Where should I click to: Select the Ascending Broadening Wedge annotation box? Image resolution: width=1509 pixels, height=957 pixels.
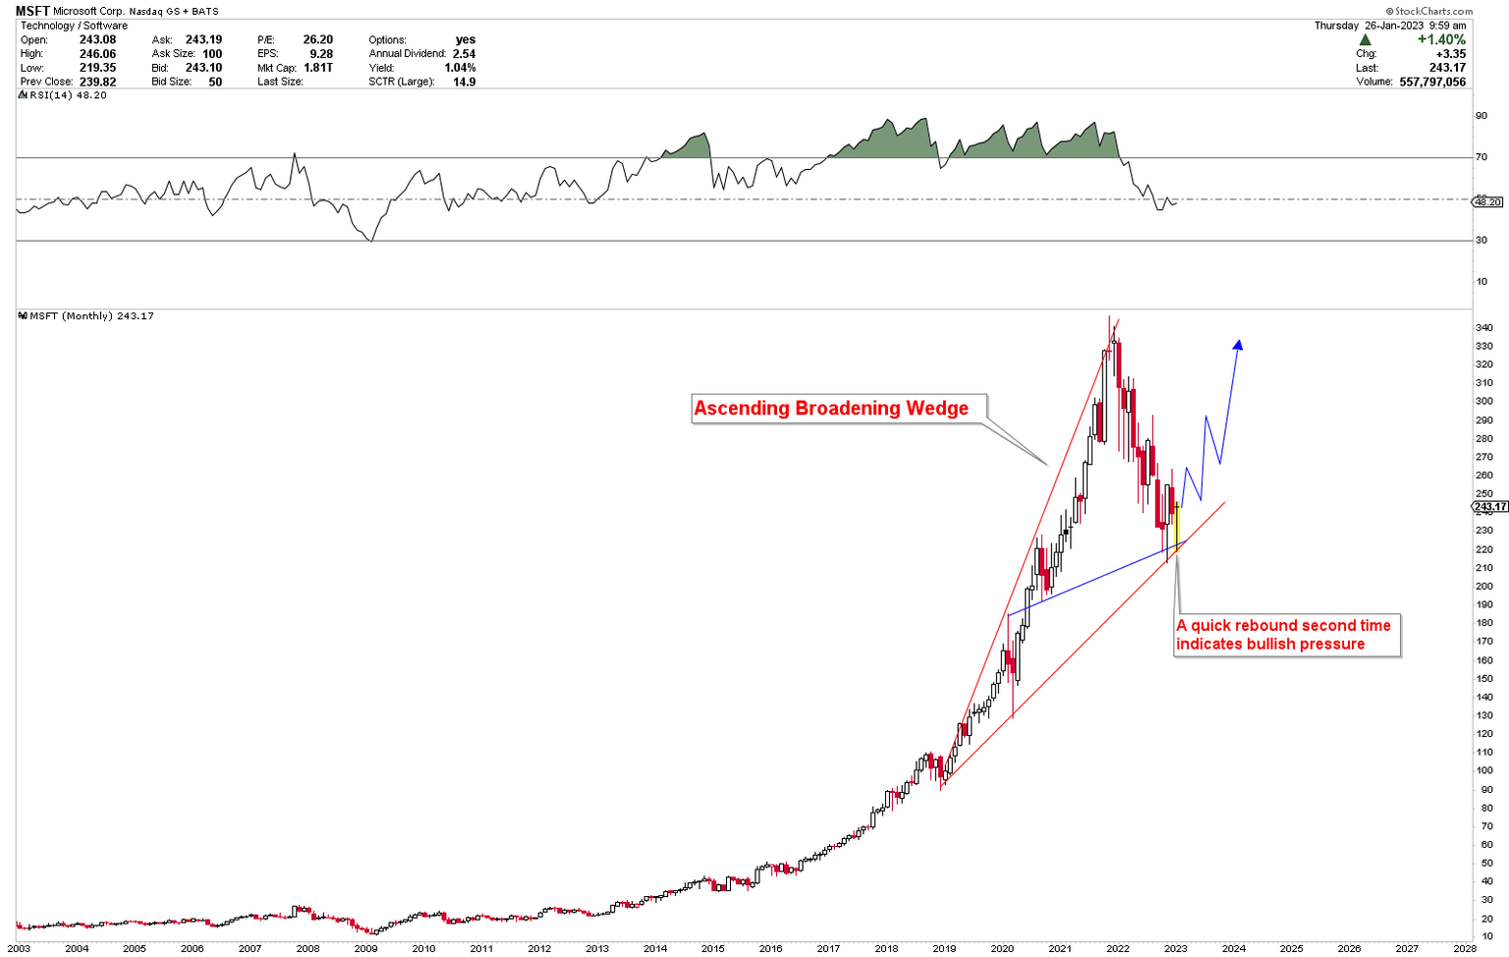pos(831,408)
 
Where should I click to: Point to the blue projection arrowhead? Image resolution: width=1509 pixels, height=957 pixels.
pos(1239,344)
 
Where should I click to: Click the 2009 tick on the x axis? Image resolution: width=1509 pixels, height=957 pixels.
pos(365,948)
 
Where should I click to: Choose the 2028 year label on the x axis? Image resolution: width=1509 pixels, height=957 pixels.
pos(1465,948)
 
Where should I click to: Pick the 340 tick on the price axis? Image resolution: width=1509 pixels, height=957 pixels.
pos(1484,327)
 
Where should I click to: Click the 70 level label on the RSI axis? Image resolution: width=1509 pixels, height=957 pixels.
pos(1481,157)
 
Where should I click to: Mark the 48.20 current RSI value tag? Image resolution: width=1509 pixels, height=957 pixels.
pos(1487,201)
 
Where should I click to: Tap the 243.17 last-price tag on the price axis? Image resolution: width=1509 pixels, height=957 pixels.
pos(1489,507)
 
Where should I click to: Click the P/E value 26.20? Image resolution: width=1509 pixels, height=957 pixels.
pos(317,40)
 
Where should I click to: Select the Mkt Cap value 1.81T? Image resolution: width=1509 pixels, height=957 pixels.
pos(317,68)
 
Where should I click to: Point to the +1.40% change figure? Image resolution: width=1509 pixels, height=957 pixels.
pos(1440,40)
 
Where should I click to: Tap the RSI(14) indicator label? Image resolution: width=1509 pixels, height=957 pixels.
pos(63,95)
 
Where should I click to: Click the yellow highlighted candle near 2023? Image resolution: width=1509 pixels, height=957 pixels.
pos(1177,526)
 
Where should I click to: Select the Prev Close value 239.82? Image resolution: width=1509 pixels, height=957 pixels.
pos(97,82)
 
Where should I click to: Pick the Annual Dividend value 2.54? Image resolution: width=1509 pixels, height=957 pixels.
pos(464,54)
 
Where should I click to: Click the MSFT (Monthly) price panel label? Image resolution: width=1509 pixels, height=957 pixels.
pos(86,315)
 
